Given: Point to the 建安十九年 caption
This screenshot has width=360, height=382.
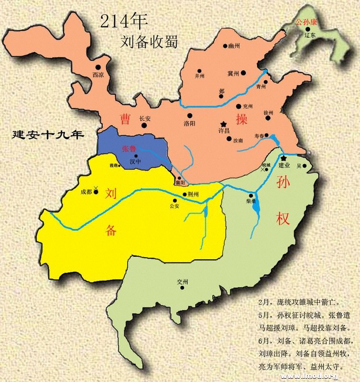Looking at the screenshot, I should click(x=48, y=135).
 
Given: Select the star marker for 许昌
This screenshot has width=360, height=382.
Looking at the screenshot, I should click(x=222, y=124).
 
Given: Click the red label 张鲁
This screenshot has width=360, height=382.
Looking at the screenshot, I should click(x=129, y=149).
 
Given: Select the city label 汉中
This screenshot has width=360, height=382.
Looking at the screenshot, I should click(x=136, y=162).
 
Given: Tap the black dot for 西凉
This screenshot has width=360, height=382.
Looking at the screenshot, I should click(x=98, y=67).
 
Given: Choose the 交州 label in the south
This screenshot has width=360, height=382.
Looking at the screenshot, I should click(x=183, y=281).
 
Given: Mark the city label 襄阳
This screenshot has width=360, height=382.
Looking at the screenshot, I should click(x=180, y=183).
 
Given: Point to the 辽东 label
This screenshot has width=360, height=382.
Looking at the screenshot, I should click(x=310, y=35).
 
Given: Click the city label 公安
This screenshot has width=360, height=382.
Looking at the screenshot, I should click(x=174, y=206).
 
